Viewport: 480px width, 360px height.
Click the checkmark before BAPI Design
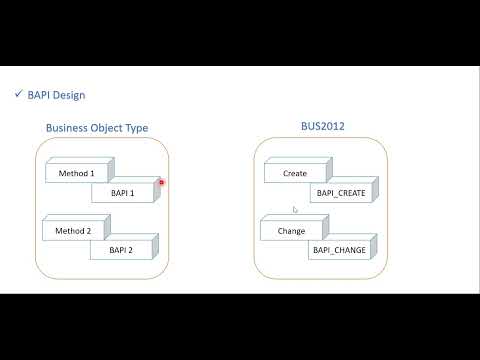[x=19, y=95]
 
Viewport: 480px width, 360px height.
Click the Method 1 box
[x=76, y=173]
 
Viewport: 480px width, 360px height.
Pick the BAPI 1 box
[x=121, y=192]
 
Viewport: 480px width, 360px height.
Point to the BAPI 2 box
[x=121, y=250]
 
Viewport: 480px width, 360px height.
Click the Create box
[x=295, y=173]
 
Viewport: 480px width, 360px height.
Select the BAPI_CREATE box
[x=341, y=192]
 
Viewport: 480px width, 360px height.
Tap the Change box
[x=290, y=231]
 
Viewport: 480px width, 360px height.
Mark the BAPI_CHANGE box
[x=339, y=250]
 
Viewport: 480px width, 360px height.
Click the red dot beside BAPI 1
[x=161, y=182]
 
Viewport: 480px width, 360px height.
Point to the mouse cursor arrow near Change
[x=294, y=210]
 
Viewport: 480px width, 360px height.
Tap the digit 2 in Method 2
[x=91, y=231]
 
